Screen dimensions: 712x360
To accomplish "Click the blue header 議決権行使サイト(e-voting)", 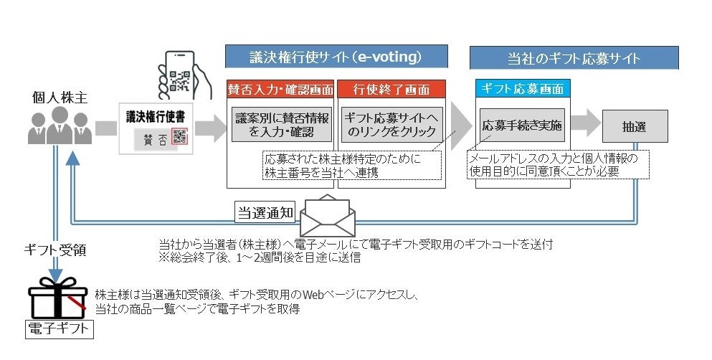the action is click(336, 57).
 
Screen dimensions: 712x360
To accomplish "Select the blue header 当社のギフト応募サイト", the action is click(574, 57).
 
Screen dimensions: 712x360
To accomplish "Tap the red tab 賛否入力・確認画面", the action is click(281, 90).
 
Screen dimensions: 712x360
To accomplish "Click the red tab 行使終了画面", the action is click(391, 90).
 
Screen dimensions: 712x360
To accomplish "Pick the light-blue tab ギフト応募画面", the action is click(523, 90).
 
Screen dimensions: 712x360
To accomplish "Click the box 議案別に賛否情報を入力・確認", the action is click(281, 124).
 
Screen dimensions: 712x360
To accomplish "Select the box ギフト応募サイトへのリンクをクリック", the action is click(391, 124).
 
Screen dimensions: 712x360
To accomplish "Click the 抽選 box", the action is click(635, 125).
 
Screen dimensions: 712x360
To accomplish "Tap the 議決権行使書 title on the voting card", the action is click(153, 115).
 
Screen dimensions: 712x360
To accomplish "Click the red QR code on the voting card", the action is click(179, 137).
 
